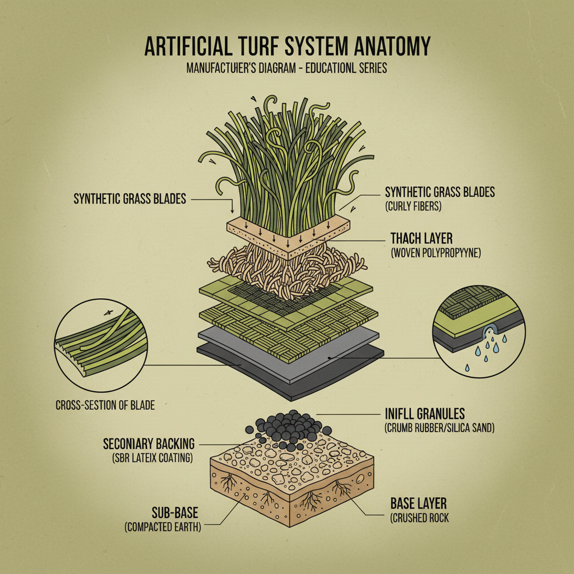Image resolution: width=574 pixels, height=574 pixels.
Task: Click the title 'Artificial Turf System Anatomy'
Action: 287,46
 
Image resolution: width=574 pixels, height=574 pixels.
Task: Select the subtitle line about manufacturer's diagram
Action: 287,68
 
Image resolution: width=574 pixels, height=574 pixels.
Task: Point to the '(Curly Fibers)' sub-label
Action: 414,206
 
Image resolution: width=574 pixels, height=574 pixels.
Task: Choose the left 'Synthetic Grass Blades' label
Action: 129,199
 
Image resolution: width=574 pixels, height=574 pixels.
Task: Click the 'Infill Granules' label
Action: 425,414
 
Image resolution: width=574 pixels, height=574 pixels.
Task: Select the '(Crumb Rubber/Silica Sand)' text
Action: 439,429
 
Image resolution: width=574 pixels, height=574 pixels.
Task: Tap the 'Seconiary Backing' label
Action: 148,443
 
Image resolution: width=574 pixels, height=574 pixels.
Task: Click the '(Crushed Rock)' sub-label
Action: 419,518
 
